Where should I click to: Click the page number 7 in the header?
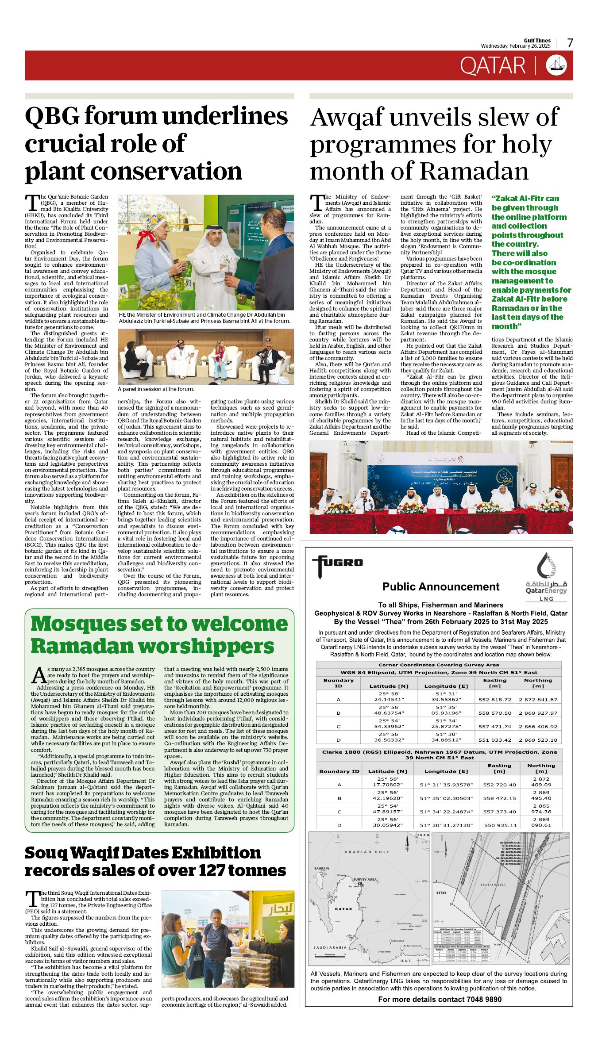[570, 43]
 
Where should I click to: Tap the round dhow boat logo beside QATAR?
[556, 65]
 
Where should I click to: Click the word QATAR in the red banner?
[492, 66]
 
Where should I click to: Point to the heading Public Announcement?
[440, 587]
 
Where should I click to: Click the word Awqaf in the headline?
[347, 118]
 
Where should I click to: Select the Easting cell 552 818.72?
[494, 700]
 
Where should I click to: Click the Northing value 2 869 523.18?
[538, 739]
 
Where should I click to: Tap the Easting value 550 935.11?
[500, 825]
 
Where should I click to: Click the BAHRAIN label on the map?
[322, 868]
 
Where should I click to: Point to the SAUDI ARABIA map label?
[330, 947]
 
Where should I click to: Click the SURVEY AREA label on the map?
[365, 879]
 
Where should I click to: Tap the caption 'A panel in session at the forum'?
[155, 389]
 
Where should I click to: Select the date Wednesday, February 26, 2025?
[516, 46]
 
